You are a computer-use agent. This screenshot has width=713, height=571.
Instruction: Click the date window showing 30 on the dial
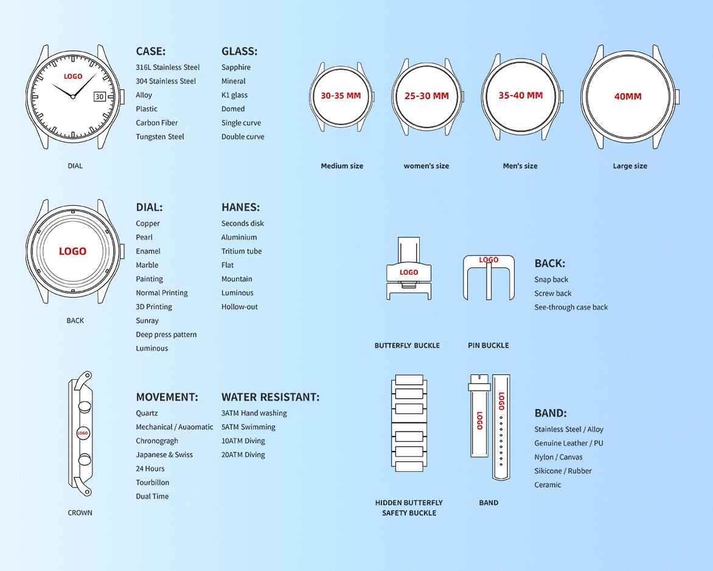click(x=100, y=96)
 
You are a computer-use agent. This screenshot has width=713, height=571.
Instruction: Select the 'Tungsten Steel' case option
click(x=160, y=136)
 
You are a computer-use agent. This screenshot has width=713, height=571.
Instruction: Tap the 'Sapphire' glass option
click(x=236, y=68)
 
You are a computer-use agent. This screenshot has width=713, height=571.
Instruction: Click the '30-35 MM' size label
click(x=341, y=96)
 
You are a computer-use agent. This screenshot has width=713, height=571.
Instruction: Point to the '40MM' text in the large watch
click(x=628, y=96)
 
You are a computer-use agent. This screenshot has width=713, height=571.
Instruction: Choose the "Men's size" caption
click(x=520, y=166)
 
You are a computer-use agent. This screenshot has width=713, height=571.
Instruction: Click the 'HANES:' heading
click(x=240, y=208)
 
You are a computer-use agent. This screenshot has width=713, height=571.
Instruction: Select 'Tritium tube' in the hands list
click(x=242, y=251)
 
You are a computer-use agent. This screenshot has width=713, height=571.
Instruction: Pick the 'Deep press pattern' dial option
click(x=167, y=335)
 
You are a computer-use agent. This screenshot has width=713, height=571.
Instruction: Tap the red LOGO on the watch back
click(x=73, y=251)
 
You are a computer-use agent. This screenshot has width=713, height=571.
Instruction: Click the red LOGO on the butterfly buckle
click(x=409, y=272)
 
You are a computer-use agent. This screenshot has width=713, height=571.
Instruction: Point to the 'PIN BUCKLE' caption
click(x=489, y=345)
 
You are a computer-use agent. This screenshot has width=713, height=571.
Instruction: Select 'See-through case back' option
click(x=571, y=307)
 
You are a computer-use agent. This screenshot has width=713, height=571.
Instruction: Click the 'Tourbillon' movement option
click(x=152, y=482)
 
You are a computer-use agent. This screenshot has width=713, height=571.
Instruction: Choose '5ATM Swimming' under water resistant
click(x=248, y=427)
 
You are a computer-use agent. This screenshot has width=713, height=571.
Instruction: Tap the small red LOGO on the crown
click(x=82, y=433)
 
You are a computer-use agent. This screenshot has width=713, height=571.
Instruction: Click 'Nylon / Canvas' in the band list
click(x=558, y=457)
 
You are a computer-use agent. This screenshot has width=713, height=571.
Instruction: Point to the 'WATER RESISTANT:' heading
click(x=271, y=397)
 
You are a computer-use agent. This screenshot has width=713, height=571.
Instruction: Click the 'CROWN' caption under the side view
click(x=80, y=513)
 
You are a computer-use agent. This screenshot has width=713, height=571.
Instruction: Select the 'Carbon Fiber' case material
click(x=157, y=123)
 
